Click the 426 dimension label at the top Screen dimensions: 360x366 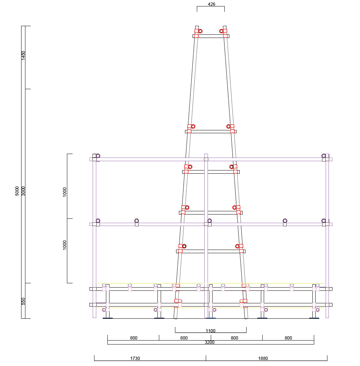click(x=211, y=4)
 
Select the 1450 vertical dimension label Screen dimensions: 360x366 click(x=23, y=56)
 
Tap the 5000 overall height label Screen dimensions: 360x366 click(x=17, y=191)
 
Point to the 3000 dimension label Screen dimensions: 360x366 click(x=23, y=191)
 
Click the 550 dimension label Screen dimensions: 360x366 click(x=23, y=301)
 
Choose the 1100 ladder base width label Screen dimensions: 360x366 click(x=210, y=331)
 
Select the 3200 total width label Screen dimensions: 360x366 click(x=209, y=342)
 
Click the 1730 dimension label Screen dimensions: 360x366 click(x=135, y=358)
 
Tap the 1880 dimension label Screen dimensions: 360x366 click(x=263, y=358)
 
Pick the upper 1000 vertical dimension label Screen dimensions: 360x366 click(x=65, y=192)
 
